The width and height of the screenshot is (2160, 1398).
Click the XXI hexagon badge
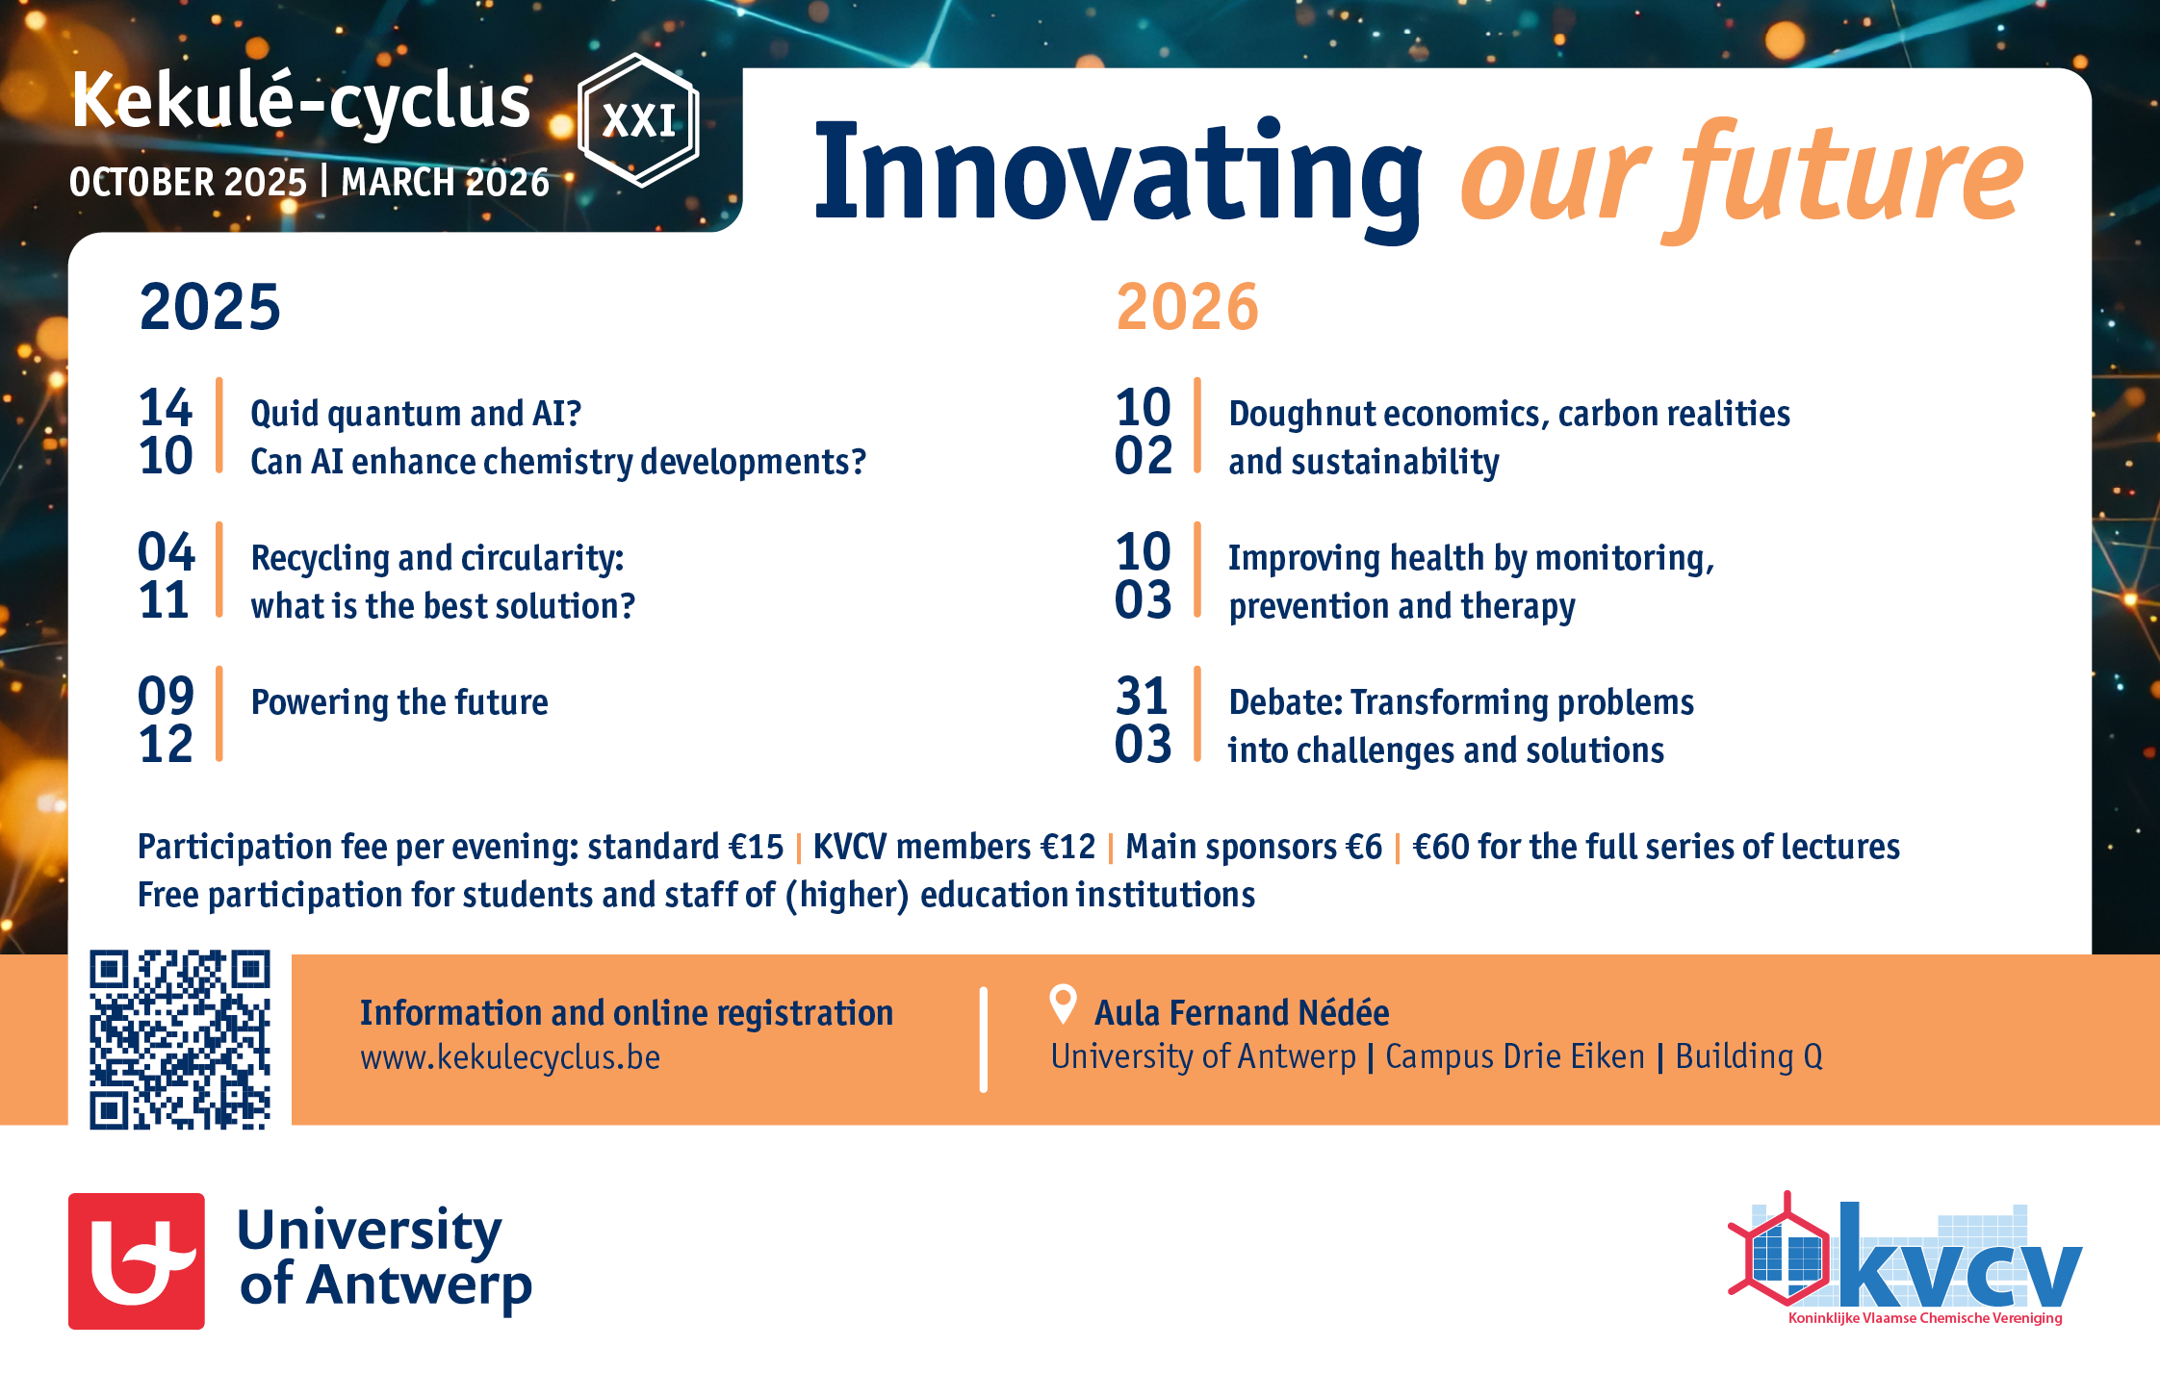638,120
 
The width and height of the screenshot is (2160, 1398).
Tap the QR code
180,1039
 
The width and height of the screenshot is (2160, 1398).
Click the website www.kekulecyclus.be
510,1057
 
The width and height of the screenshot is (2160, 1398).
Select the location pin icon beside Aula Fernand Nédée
1063,1004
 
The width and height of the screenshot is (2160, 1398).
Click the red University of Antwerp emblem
137,1261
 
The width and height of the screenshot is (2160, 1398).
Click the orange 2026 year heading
1187,307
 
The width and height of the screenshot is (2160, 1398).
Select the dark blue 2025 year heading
210,307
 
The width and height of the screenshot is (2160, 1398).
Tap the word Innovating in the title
1119,175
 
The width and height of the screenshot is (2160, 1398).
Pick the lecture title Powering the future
399,702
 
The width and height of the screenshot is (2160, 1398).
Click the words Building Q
1749,1056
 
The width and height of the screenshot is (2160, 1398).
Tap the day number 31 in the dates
1142,696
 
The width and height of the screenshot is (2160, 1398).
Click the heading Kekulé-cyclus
300,101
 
